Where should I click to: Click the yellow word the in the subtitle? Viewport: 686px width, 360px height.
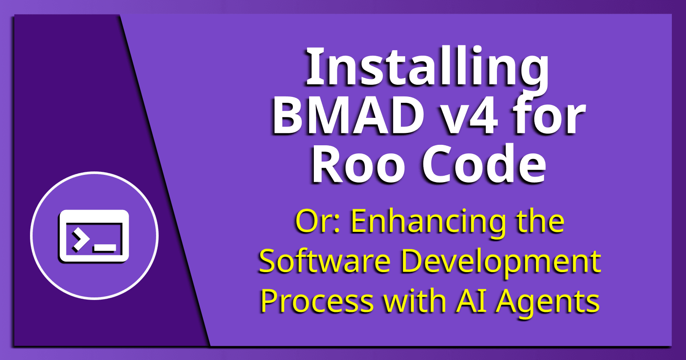540,222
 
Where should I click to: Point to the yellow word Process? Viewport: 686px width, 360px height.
317,301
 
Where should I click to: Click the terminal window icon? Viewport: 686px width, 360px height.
94,236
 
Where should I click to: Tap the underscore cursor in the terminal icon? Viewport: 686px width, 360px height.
105,248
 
